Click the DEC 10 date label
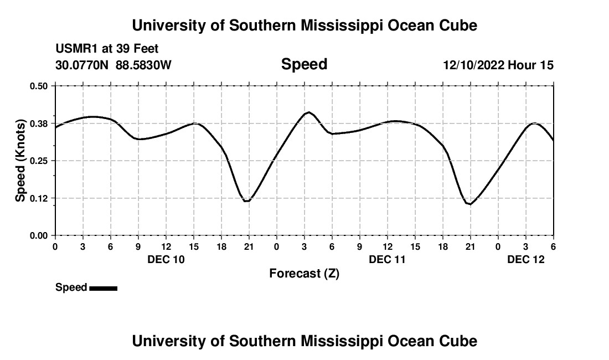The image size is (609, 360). [x=166, y=259]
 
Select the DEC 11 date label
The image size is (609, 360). [x=388, y=259]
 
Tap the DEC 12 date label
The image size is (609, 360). [x=526, y=259]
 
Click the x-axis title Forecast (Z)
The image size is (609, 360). [x=304, y=273]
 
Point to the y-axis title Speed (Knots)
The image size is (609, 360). [x=20, y=161]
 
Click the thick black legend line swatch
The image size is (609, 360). [x=103, y=288]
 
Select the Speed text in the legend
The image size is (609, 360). [x=71, y=287]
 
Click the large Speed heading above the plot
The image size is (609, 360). [x=304, y=64]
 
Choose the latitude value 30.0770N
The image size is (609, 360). [x=82, y=65]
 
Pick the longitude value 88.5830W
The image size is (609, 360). [x=143, y=65]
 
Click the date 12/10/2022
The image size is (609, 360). [x=473, y=65]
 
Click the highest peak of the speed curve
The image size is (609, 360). [x=308, y=112]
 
